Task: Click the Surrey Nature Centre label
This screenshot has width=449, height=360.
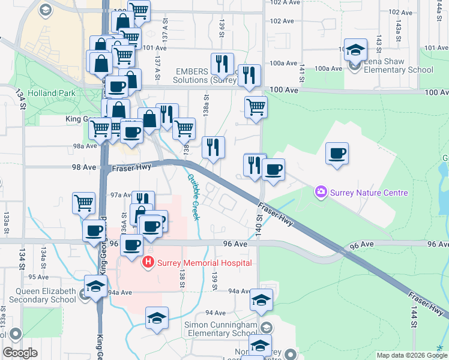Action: click(368, 193)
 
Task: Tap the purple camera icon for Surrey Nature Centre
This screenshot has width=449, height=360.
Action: click(321, 192)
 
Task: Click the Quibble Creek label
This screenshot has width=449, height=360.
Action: click(193, 197)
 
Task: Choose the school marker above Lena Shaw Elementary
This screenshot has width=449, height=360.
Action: click(355, 50)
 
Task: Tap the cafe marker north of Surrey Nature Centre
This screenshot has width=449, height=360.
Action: click(337, 153)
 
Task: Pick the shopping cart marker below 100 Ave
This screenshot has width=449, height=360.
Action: click(256, 107)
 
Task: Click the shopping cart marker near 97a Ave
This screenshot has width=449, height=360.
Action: click(84, 203)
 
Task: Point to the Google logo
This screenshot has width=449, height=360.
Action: click(20, 353)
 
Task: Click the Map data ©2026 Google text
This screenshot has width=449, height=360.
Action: click(412, 355)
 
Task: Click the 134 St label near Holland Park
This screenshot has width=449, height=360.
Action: click(22, 100)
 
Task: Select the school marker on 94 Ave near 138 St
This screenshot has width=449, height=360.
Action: click(157, 318)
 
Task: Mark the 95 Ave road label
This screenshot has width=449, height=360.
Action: click(38, 277)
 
